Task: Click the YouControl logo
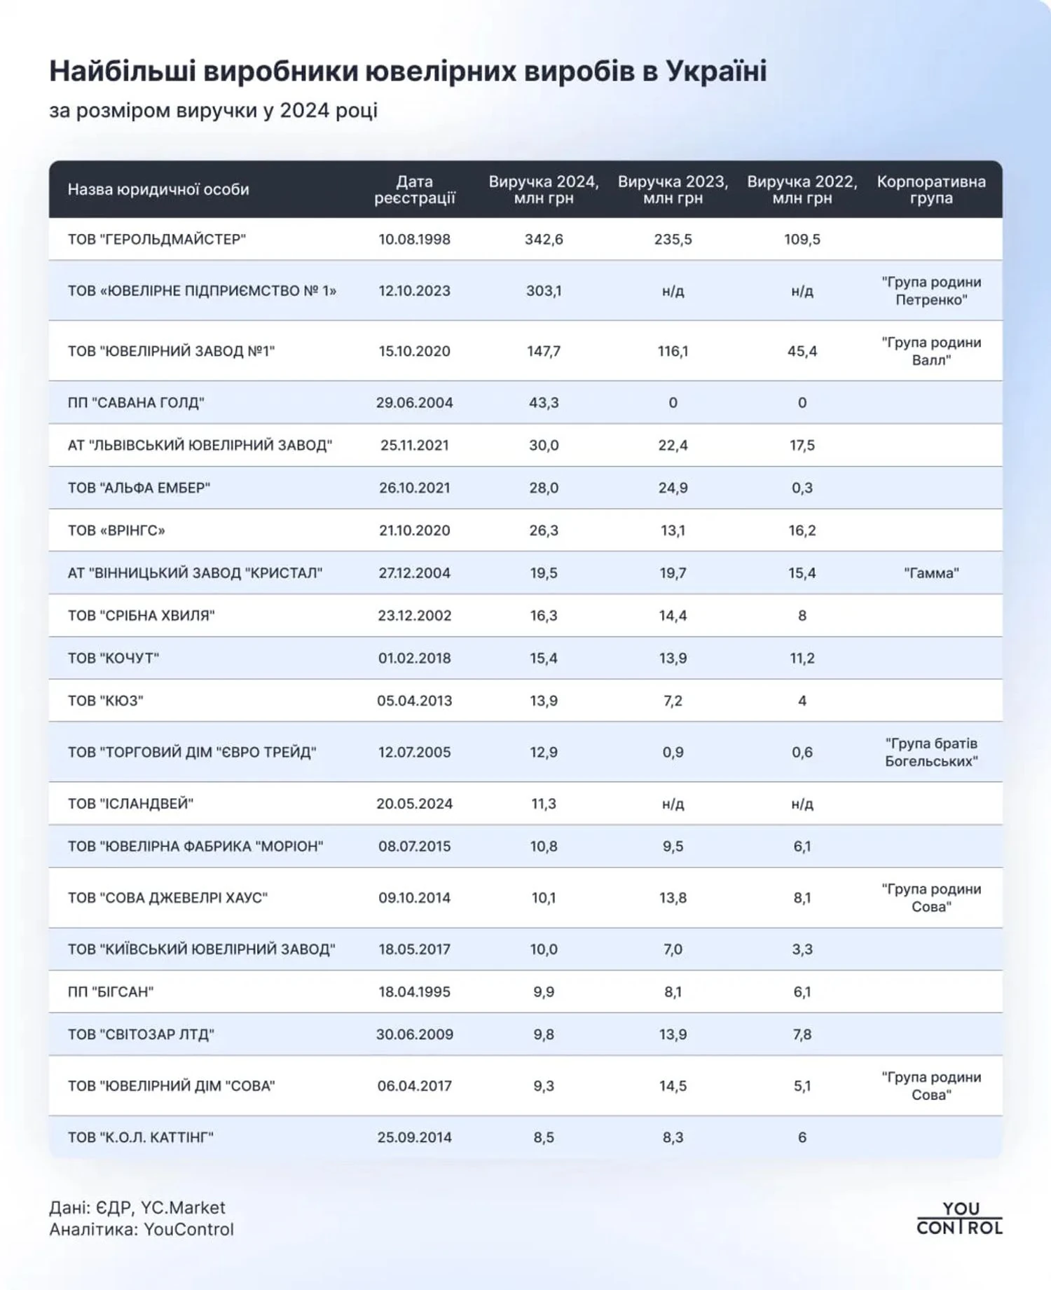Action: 959,1218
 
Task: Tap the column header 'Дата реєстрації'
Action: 414,190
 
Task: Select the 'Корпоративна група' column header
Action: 930,190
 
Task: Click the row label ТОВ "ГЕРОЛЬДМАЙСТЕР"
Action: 156,240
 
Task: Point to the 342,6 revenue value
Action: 544,240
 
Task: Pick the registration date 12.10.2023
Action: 414,291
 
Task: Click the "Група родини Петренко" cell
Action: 930,291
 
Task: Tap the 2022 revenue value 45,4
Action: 802,351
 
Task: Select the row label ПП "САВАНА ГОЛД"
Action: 136,403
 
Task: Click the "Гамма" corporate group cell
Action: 930,573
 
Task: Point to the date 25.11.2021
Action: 414,446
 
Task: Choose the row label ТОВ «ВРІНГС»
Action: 116,530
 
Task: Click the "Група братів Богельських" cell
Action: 930,752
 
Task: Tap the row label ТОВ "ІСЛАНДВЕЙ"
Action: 130,804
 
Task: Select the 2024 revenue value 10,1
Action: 544,898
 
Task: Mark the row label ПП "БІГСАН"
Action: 111,991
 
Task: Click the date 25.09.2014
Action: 414,1137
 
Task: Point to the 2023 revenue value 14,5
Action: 673,1086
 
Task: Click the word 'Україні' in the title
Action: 715,71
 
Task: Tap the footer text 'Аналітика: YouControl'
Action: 142,1230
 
